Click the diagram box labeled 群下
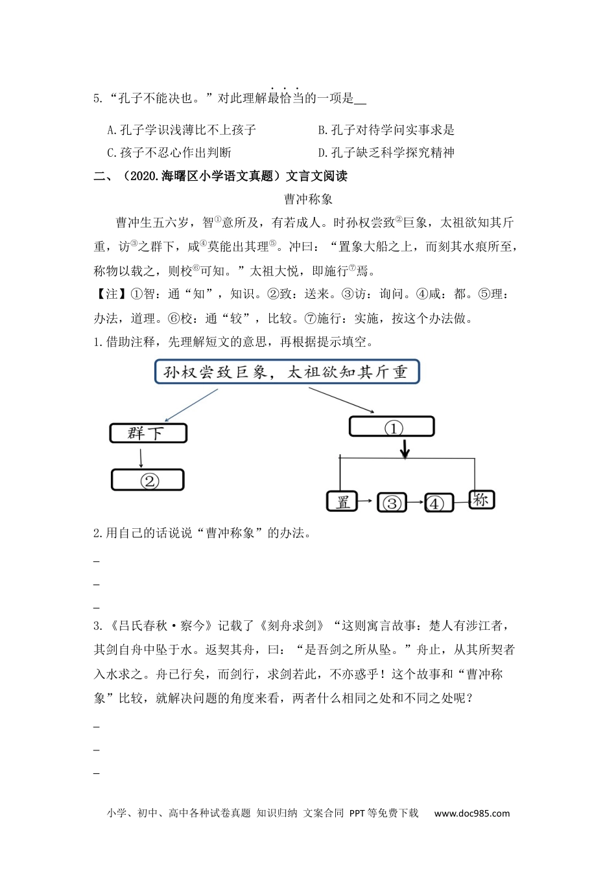tap(148, 433)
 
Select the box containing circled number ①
tap(392, 427)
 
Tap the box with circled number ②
tap(148, 480)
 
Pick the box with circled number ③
tap(392, 502)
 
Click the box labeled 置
tap(342, 501)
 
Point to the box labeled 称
tap(481, 499)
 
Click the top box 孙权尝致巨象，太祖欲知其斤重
tap(287, 372)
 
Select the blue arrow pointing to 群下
tap(191, 405)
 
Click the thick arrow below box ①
tap(405, 448)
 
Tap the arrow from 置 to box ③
tap(367, 501)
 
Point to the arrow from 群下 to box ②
tap(141, 457)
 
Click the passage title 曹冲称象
tap(308, 199)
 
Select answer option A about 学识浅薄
tap(182, 130)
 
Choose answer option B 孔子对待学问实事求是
tap(386, 130)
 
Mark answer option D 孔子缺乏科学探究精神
tap(386, 153)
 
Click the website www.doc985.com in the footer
tap(472, 813)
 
